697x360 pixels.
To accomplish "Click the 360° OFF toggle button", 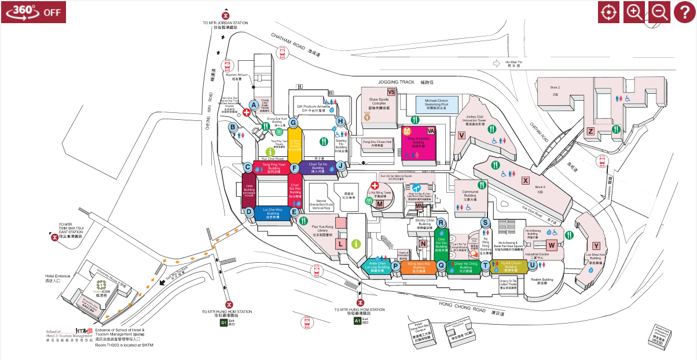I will pos(33,12).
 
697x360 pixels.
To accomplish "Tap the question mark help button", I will pos(684,12).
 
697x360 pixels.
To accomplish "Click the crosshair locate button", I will pos(608,12).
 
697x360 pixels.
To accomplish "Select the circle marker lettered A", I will pos(253,104).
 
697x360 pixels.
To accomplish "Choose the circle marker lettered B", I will pos(233,127).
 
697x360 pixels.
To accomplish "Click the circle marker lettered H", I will pos(340,121).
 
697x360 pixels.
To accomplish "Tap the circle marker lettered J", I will pos(341,166).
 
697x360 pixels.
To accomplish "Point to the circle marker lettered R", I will pos(441,223).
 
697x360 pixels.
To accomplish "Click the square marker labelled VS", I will pos(391,92).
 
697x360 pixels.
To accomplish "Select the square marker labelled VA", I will pos(431,130).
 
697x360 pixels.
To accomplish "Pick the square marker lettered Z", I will pos(590,131).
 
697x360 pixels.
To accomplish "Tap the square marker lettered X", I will pos(526,180).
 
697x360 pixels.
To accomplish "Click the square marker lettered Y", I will pos(596,246).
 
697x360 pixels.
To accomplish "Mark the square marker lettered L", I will pos(341,244).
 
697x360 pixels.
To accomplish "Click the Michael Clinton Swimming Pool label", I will pos(436,104).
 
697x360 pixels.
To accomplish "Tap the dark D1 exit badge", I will pos(224,322).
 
